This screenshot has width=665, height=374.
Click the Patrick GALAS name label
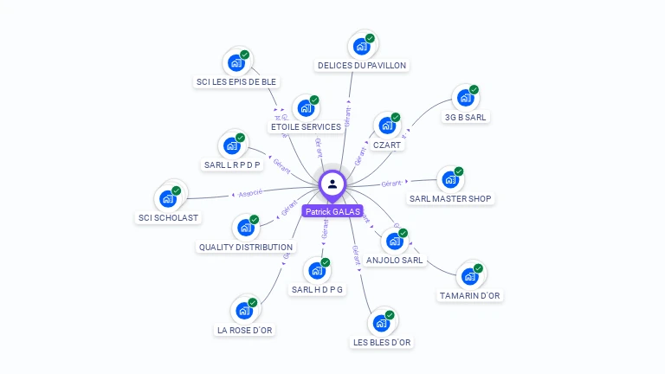click(332, 211)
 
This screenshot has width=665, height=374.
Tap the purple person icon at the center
click(332, 184)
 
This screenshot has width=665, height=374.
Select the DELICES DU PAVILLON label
click(361, 65)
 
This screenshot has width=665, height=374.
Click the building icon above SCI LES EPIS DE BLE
click(235, 63)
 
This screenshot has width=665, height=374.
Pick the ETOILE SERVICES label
click(306, 126)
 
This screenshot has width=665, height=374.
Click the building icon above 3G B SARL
click(465, 98)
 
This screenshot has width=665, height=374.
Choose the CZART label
click(386, 145)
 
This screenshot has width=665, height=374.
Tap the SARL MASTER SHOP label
click(450, 199)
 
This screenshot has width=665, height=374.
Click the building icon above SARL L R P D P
click(231, 145)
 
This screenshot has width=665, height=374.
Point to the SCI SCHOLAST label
click(168, 217)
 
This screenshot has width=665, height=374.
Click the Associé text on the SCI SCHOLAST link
click(250, 192)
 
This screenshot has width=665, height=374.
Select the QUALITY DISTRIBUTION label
click(246, 247)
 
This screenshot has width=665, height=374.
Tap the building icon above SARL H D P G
click(316, 270)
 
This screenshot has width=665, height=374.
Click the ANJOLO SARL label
click(395, 260)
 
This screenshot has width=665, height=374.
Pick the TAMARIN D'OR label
click(470, 295)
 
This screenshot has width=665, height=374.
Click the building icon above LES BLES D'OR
click(380, 323)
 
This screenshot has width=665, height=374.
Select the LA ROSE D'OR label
click(244, 330)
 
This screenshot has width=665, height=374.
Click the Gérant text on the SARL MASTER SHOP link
click(394, 184)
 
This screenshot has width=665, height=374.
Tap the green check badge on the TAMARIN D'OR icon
click(478, 268)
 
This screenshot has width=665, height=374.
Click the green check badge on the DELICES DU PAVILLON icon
click(370, 38)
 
